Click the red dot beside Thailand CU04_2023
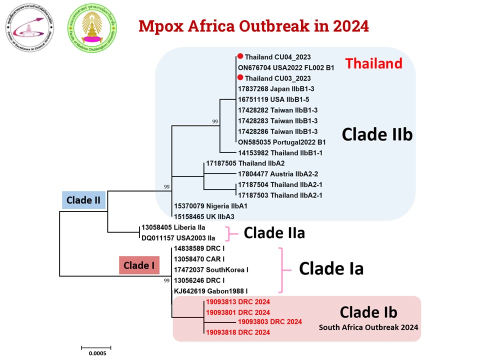[x=240, y=57]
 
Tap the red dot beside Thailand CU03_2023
[x=240, y=78]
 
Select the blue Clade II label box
[x=84, y=200]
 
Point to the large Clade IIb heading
[x=377, y=134]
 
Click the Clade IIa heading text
[x=274, y=233]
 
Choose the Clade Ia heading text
[x=331, y=269]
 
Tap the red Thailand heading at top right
[x=373, y=63]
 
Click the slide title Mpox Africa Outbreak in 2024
[x=253, y=25]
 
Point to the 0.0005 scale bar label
[x=95, y=353]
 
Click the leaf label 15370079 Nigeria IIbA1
[x=210, y=206]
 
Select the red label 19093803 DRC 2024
[x=270, y=322]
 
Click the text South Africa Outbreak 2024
[x=369, y=328]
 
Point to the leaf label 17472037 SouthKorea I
[x=211, y=270]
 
